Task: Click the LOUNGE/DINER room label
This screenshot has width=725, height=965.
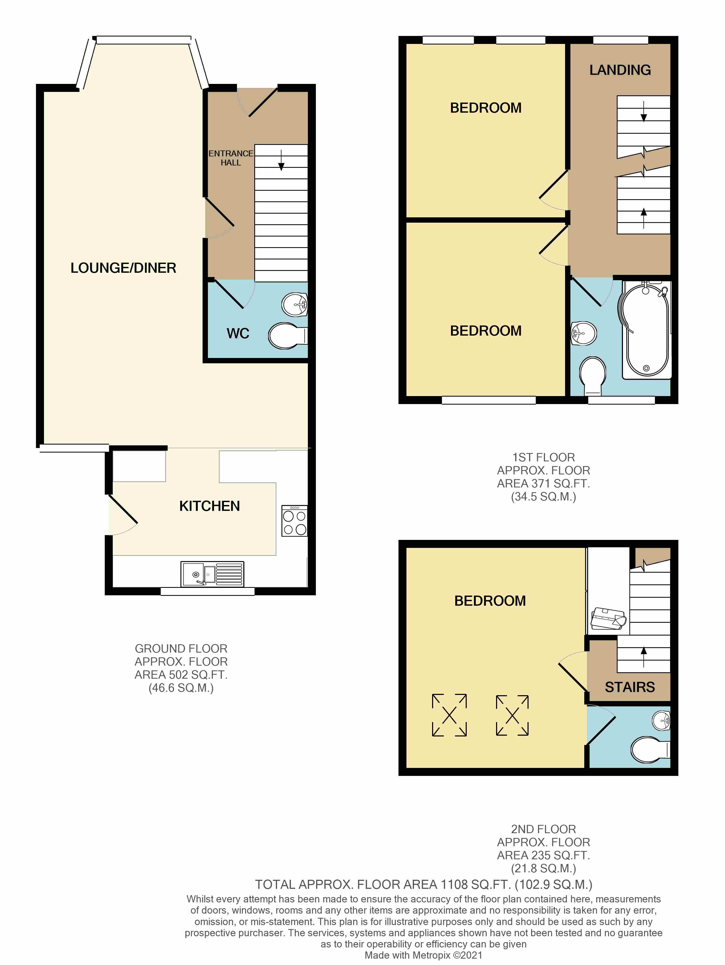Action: tap(123, 268)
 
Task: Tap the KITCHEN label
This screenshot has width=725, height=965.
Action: tap(210, 506)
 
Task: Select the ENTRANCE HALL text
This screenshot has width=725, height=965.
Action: tap(231, 158)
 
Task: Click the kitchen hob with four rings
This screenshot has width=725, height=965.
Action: tap(295, 521)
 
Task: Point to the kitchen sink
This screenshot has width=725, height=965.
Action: tap(212, 574)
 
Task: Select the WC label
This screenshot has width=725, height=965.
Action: tap(238, 334)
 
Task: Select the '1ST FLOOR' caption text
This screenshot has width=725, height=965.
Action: tap(543, 458)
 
